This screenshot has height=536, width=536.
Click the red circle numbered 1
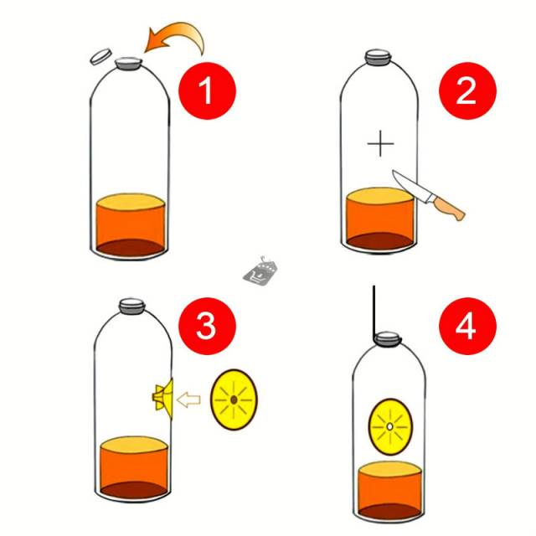(x=207, y=91)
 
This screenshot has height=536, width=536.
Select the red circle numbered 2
(x=467, y=91)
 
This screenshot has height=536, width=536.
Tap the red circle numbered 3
(x=207, y=326)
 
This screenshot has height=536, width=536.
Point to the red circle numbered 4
(x=467, y=326)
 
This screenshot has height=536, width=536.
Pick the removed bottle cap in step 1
(x=100, y=56)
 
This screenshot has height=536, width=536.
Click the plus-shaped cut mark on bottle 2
(x=380, y=143)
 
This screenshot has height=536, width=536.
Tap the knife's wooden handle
(x=449, y=207)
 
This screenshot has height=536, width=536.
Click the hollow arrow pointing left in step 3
(x=188, y=399)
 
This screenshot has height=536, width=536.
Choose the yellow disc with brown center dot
(x=234, y=399)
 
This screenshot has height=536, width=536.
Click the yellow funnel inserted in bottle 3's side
(x=163, y=399)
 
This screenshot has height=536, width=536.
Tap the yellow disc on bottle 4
(x=390, y=426)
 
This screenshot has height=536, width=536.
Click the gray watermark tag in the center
(x=260, y=271)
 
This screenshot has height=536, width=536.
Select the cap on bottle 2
(x=378, y=57)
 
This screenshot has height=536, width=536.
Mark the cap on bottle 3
(x=132, y=306)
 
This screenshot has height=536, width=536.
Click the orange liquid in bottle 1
(x=131, y=224)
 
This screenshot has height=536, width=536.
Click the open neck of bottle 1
(x=128, y=64)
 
